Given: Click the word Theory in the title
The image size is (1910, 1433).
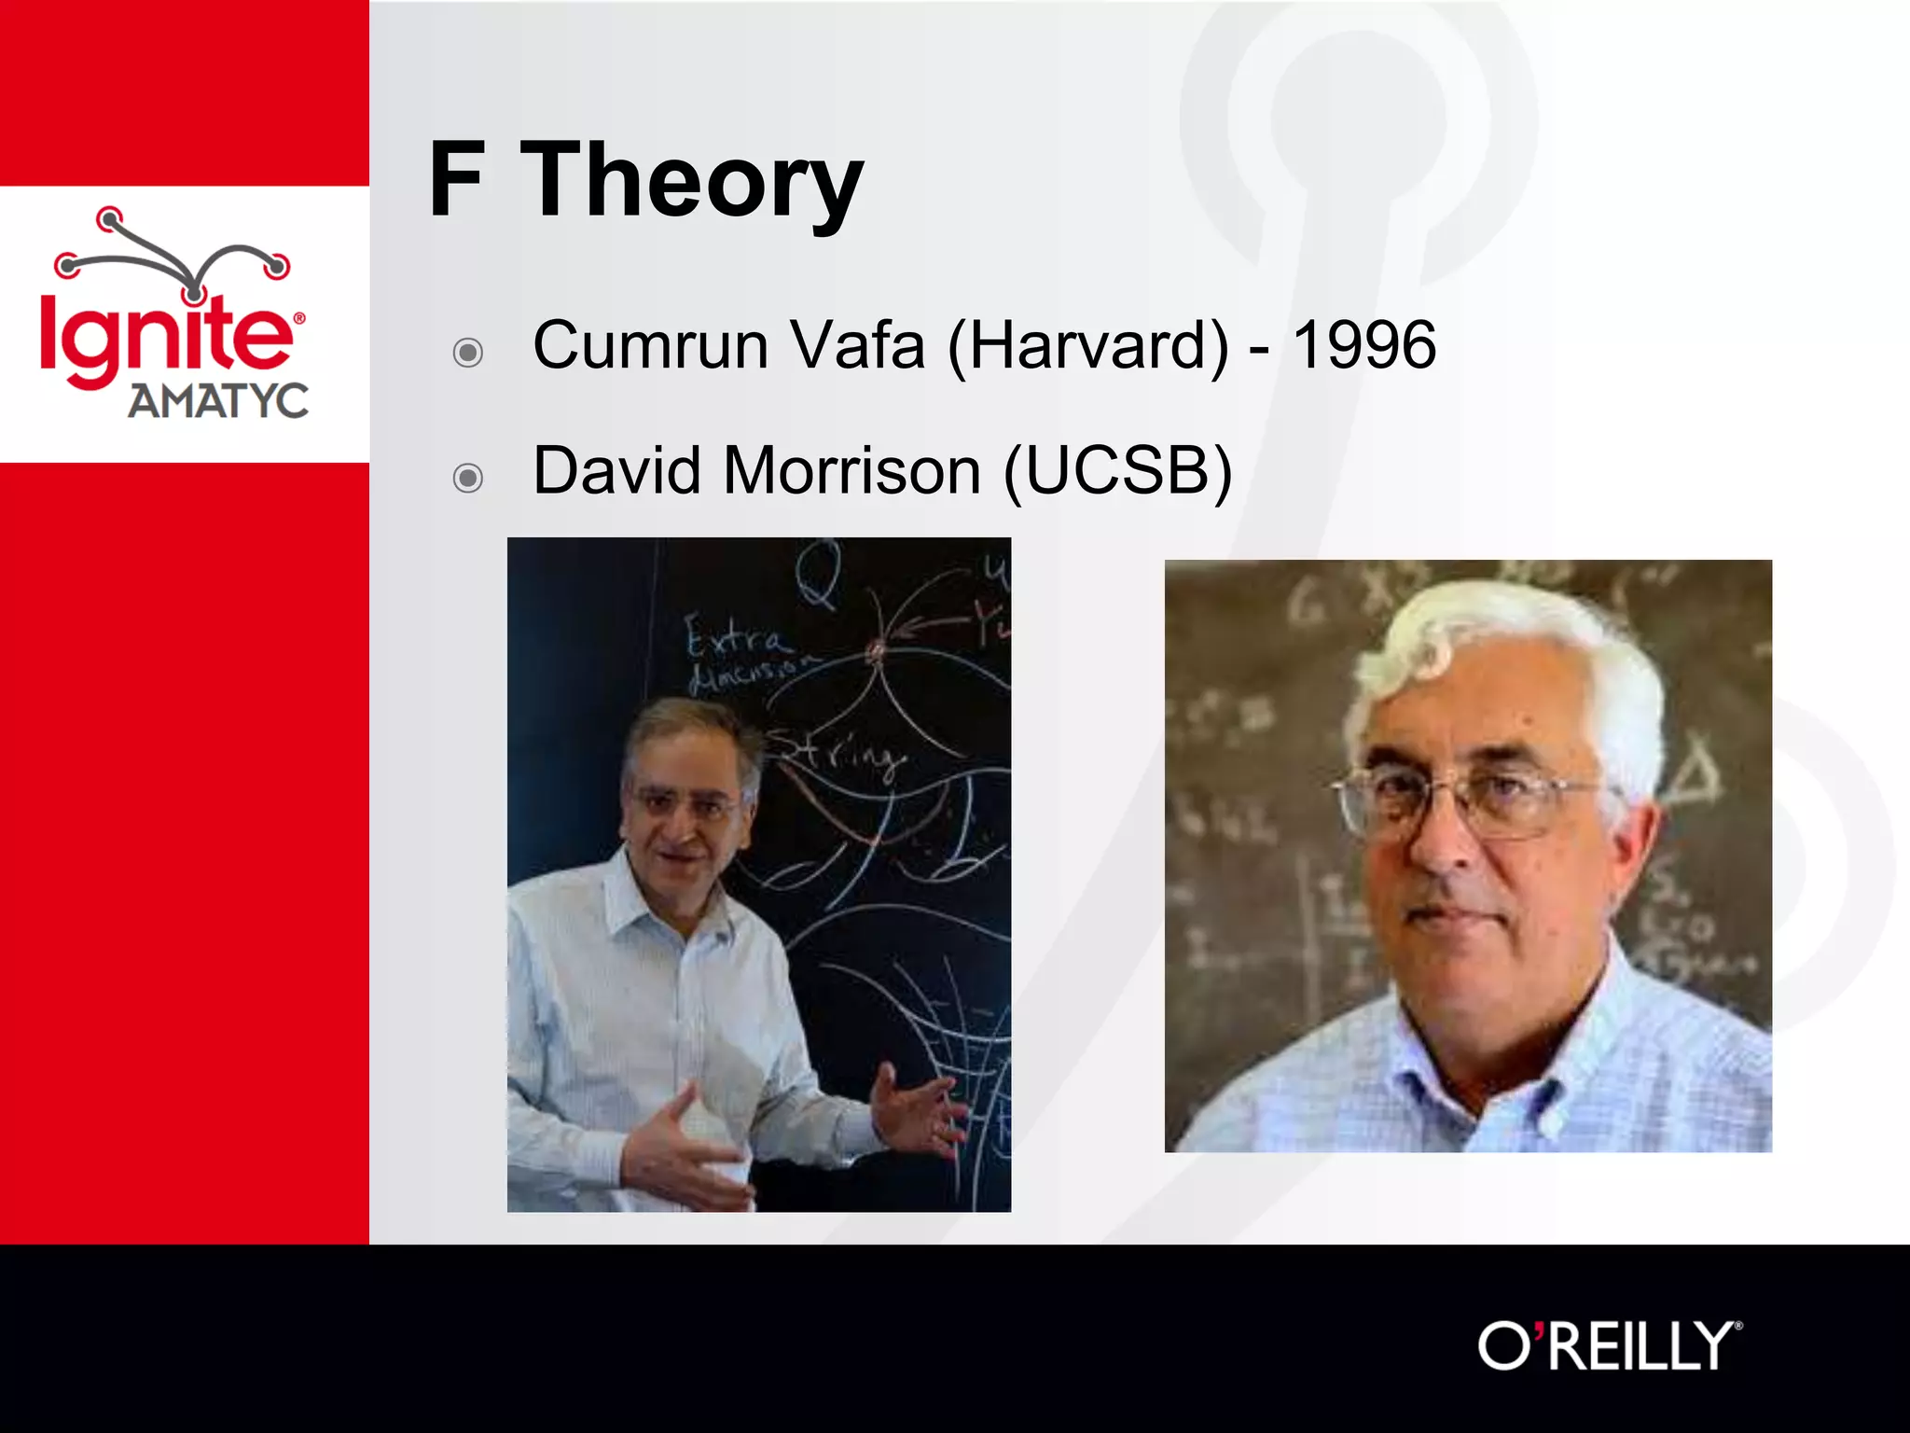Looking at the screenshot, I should coord(692,180).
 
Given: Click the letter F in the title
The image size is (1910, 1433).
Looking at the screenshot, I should coord(456,180).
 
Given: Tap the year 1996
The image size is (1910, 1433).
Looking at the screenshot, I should coord(1363,345).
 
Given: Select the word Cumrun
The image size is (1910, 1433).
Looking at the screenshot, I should coord(650,345).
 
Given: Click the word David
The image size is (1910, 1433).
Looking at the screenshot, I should coord(616,470).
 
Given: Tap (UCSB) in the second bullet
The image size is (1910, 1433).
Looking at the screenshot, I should coord(1118,472).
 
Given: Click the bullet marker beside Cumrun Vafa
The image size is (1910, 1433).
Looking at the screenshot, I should coord(467,353).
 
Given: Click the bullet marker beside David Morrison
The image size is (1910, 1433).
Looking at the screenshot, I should coord(467,479).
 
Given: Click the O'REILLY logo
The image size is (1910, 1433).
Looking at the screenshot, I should coord(1609,1345).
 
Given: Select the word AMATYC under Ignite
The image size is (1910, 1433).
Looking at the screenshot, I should coord(217,402).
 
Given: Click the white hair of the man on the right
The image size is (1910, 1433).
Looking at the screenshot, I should coord(1529,644).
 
